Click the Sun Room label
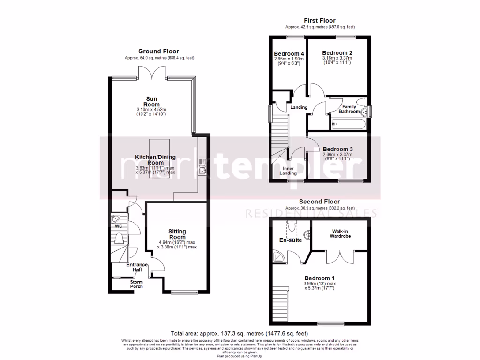tap(152, 101)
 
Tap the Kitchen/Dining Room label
tap(149, 160)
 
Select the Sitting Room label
tap(177, 234)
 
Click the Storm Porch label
tap(136, 284)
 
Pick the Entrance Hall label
tap(137, 267)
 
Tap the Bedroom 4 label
tap(289, 54)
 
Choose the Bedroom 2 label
tap(337, 53)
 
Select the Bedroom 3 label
tap(337, 149)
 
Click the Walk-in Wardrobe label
tap(342, 234)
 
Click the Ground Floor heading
tap(158, 52)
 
